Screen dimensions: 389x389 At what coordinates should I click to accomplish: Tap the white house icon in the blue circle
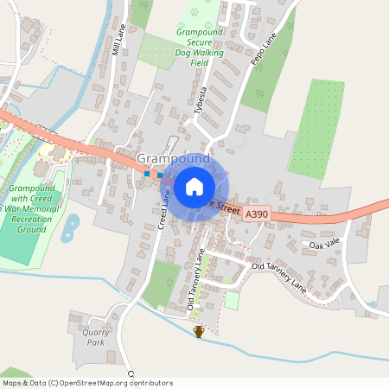tap(194, 186)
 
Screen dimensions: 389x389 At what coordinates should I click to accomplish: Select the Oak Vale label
tap(327, 246)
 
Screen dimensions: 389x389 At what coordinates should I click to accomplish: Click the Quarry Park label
tap(89, 336)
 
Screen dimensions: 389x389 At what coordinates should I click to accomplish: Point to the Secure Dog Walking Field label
tap(200, 47)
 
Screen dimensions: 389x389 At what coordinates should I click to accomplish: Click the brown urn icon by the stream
tap(199, 331)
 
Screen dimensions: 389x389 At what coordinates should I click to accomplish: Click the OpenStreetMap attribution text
tap(87, 382)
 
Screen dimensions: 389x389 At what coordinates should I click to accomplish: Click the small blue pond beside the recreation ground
tap(72, 226)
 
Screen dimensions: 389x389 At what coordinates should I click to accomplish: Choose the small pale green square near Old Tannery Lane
tap(232, 300)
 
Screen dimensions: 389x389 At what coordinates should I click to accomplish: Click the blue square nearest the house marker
tap(160, 175)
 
